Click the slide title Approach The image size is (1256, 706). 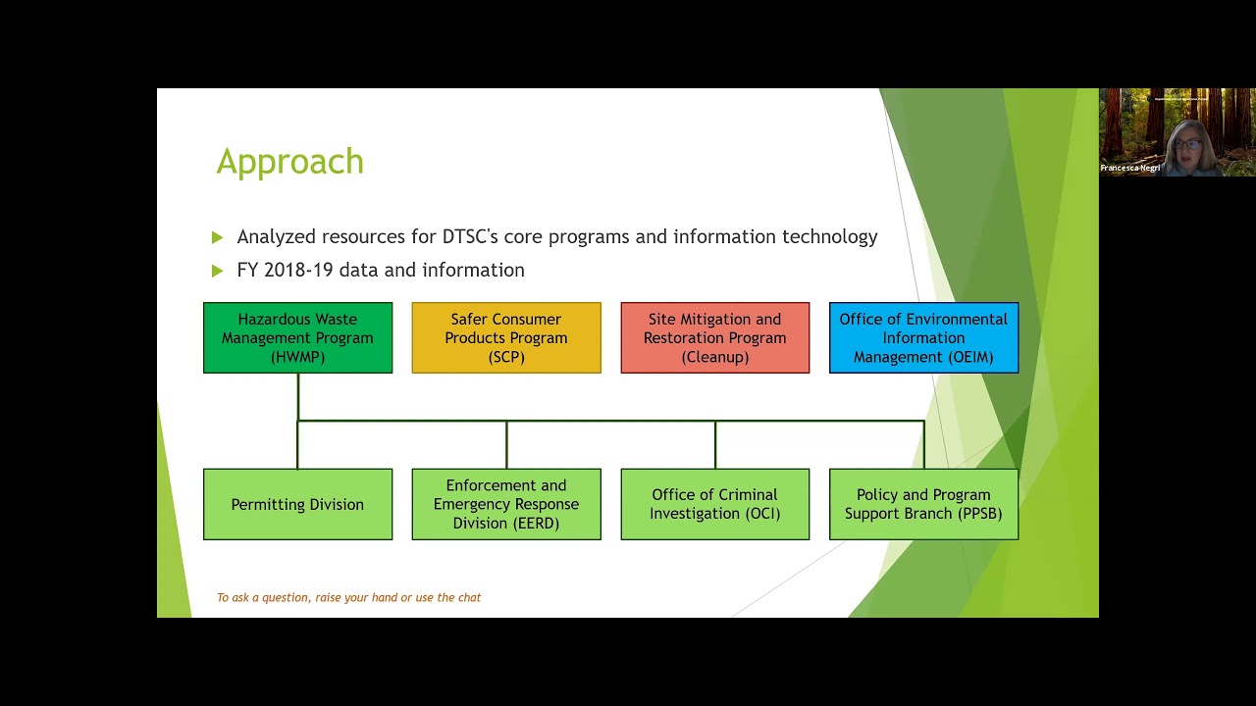[289, 162]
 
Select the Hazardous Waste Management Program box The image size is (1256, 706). [297, 337]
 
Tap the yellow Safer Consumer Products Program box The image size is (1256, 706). [506, 337]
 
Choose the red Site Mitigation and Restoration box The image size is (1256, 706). [715, 337]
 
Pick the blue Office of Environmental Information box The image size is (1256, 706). [923, 337]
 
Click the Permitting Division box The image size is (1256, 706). [297, 504]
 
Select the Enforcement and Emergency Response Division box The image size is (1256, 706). [506, 504]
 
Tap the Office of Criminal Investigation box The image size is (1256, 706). [715, 504]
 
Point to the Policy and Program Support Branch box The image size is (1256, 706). [923, 504]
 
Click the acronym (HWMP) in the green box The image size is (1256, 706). [297, 357]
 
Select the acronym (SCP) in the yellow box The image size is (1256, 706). [506, 357]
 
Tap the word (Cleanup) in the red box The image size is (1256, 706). [715, 357]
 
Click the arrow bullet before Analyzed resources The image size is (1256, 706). [217, 237]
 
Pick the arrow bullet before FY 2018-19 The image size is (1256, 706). [217, 270]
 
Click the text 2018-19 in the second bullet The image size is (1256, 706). [299, 270]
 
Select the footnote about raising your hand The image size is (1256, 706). [348, 597]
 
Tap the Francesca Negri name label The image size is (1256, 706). [1130, 168]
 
